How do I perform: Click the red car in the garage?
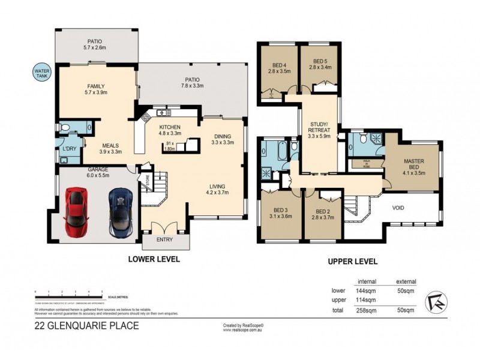pos(76,212)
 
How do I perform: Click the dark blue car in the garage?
pos(120,212)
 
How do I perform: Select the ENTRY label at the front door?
pos(164,240)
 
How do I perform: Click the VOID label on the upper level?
pos(399,209)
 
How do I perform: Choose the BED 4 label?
pos(280,65)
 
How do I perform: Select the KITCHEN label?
pos(170,128)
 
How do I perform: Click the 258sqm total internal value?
pos(366,310)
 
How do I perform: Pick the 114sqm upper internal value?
pos(366,300)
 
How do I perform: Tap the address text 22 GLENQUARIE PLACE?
pos(86,326)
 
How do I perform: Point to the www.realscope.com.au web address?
pos(243,329)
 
